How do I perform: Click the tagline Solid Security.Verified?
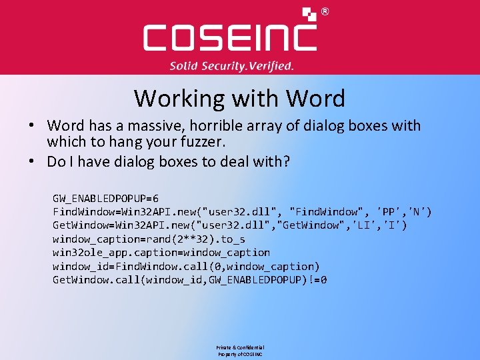(x=231, y=66)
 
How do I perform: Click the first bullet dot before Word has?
(x=32, y=126)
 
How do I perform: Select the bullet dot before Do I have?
(x=32, y=161)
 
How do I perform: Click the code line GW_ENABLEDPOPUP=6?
(x=105, y=198)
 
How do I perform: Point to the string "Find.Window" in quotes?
(x=323, y=211)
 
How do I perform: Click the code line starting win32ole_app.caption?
(x=161, y=252)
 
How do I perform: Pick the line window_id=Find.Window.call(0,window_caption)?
(x=186, y=266)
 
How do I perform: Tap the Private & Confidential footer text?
(x=239, y=347)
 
